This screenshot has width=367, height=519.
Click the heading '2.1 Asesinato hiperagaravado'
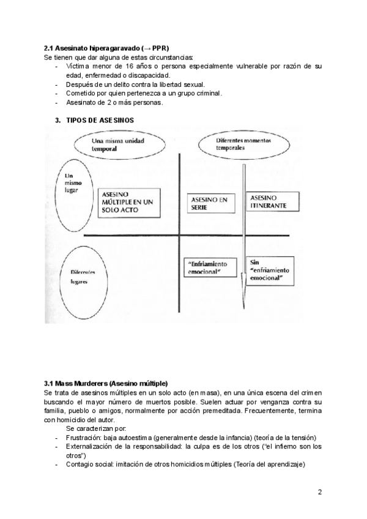pyautogui.click(x=92, y=48)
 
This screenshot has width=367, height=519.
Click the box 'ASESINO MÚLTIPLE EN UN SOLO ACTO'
pyautogui.click(x=128, y=201)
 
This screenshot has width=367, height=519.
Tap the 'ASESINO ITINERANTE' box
pyautogui.click(x=268, y=203)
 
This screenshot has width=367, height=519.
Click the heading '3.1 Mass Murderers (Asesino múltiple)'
pyautogui.click(x=106, y=383)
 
